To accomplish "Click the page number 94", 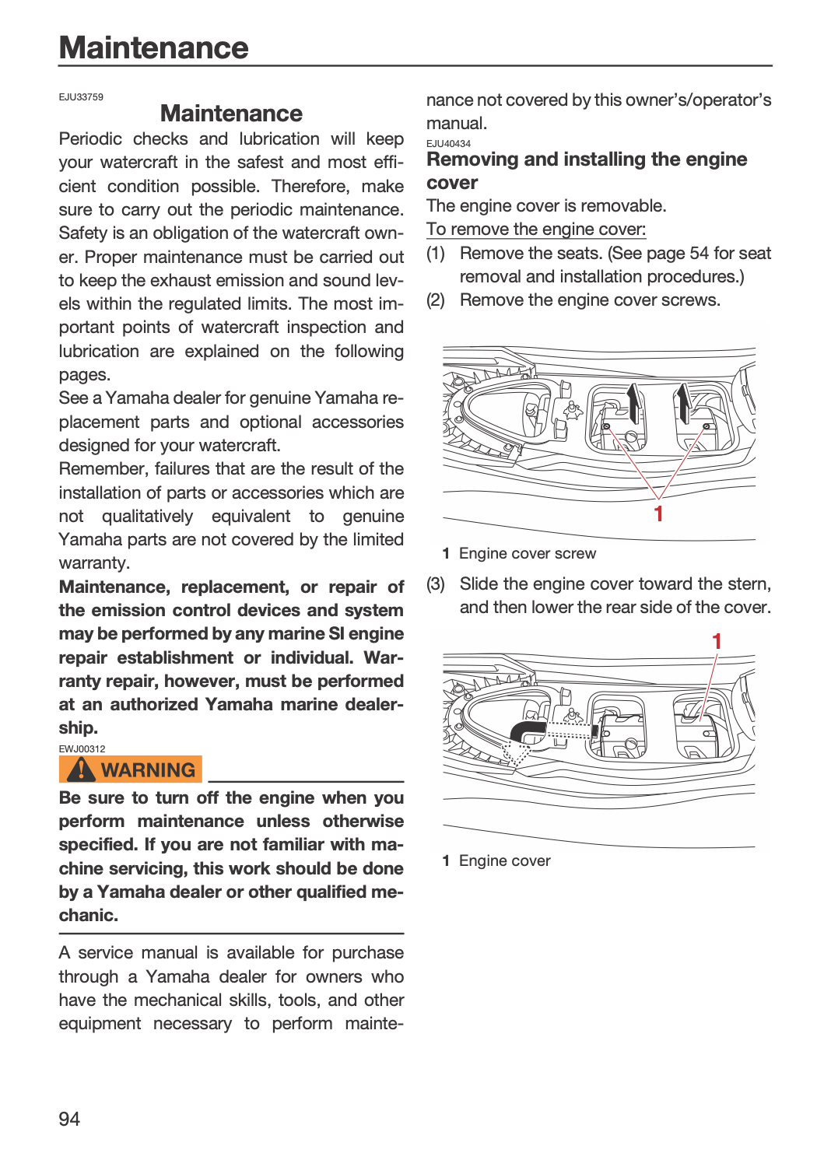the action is tap(69, 1119).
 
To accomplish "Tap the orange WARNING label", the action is tap(130, 769).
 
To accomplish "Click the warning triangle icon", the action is tap(81, 769).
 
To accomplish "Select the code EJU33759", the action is tap(81, 97).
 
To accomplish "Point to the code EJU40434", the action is tap(448, 144).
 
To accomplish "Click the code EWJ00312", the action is tap(82, 749).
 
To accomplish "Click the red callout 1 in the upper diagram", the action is tap(658, 513).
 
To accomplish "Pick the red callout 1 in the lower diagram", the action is tap(717, 641).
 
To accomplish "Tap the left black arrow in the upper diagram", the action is tap(633, 403).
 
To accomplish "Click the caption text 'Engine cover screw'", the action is tap(528, 553).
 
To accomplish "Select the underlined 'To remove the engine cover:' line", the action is tap(536, 230).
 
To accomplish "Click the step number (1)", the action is tap(436, 254).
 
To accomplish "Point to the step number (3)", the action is tap(436, 584).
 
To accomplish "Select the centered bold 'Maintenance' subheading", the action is tap(231, 113).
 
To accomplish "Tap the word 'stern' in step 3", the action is tap(749, 584).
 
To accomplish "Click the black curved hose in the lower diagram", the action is tap(526, 731).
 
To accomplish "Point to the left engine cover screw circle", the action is tap(606, 426).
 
